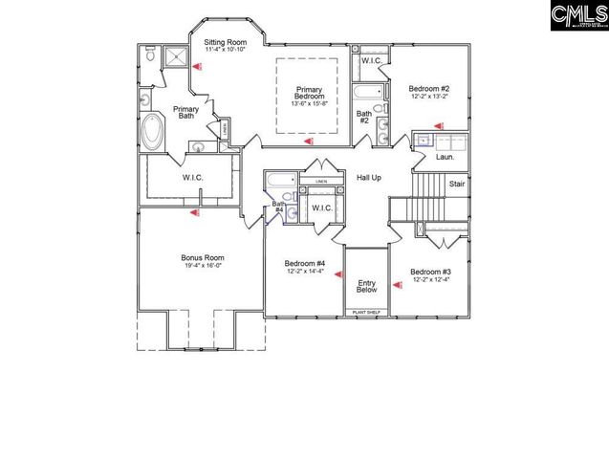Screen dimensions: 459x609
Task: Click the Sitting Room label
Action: point(226,43)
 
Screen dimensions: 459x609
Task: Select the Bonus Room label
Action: point(202,257)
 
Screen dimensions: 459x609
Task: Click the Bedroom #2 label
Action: point(429,89)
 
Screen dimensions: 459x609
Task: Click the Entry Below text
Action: point(366,286)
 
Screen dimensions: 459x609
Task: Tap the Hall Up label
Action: point(369,179)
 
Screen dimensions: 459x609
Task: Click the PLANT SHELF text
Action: point(366,312)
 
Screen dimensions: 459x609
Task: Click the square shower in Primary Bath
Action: point(177,58)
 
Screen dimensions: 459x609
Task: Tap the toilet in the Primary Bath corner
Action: point(151,57)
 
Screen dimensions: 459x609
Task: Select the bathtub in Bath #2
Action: point(367,93)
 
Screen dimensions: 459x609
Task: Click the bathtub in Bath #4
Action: point(280,181)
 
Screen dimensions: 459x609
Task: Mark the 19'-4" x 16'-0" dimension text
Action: point(202,267)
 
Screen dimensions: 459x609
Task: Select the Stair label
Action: point(457,184)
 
